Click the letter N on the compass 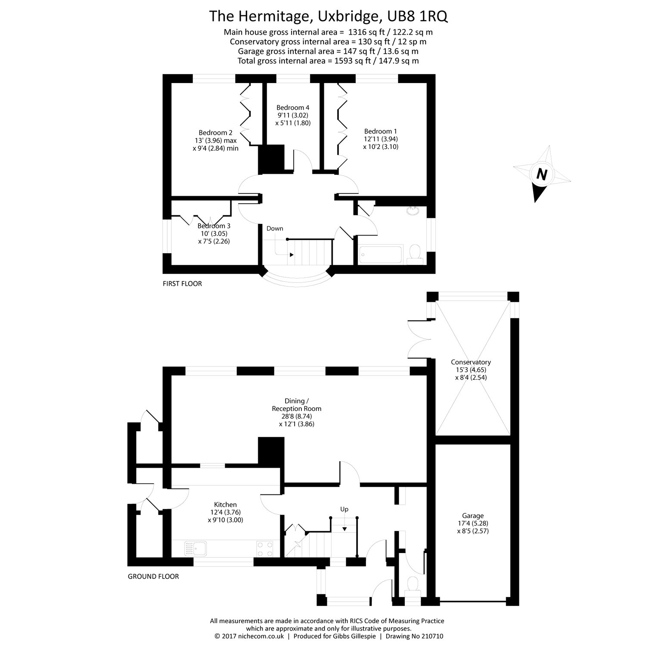[542, 174]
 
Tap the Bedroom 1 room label [380, 131]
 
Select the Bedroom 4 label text [293, 108]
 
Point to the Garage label [473, 516]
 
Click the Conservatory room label [471, 362]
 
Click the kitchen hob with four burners [265, 549]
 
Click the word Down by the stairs [275, 228]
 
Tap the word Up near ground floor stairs [344, 509]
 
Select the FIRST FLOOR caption [182, 284]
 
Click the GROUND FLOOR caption [153, 576]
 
